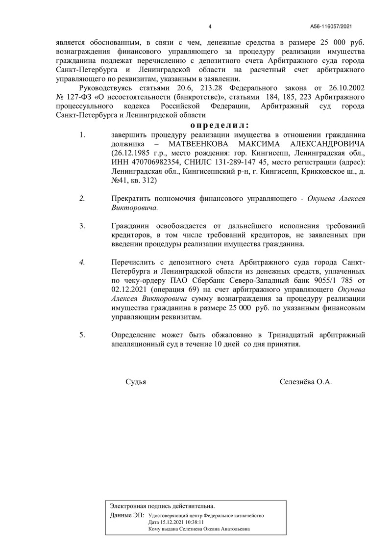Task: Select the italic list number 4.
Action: pyautogui.click(x=82, y=262)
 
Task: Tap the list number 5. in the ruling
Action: pyautogui.click(x=82, y=335)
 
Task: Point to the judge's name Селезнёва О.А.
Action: pyautogui.click(x=306, y=382)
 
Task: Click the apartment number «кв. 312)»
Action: pyautogui.click(x=143, y=181)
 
